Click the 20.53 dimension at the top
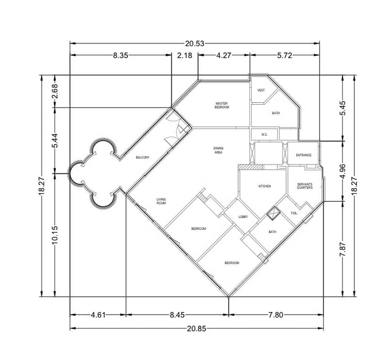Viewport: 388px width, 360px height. tap(195, 44)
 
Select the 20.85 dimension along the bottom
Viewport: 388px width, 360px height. tap(196, 329)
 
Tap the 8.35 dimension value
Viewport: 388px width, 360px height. tap(121, 55)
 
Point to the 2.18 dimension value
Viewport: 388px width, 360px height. tap(185, 55)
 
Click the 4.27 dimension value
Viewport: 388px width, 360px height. tap(224, 55)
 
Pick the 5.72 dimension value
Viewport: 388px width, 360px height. tap(285, 55)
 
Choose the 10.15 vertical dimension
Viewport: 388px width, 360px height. tap(55, 235)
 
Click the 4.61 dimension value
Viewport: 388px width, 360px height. tap(98, 315)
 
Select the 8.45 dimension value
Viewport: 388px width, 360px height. tap(177, 315)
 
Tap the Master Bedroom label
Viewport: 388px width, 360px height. tap(222, 105)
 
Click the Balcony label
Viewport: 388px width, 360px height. tap(143, 157)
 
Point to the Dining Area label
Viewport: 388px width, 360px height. tap(218, 150)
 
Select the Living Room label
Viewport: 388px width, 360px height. tap(161, 201)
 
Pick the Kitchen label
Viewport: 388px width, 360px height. tap(265, 186)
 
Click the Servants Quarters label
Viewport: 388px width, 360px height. tap(305, 186)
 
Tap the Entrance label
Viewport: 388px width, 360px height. tap(304, 155)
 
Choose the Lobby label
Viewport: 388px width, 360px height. tap(243, 217)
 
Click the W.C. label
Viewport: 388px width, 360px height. tap(264, 135)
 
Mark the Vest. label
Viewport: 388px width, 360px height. tap(261, 91)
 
